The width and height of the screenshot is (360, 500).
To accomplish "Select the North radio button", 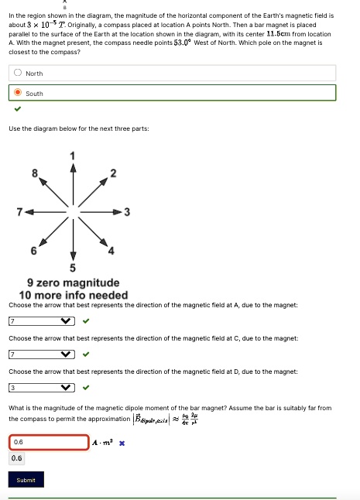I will (17, 73).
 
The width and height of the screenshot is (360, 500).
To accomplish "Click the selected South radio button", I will (17, 93).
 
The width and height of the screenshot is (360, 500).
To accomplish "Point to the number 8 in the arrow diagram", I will (34, 173).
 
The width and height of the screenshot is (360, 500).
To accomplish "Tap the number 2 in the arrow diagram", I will (113, 173).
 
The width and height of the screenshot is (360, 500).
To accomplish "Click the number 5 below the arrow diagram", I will (73, 268).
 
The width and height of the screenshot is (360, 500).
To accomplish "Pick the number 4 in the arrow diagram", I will (111, 250).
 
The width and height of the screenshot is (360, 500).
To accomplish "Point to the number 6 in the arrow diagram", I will (33, 250).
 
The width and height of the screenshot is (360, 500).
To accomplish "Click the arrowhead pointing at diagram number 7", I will (28, 211).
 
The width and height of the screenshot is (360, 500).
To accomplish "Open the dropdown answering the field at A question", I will (42, 321).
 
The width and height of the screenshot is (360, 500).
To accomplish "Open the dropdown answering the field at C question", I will (42, 354).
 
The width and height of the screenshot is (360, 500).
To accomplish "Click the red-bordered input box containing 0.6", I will (50, 442).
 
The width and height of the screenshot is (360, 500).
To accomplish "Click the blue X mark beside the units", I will (122, 443).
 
